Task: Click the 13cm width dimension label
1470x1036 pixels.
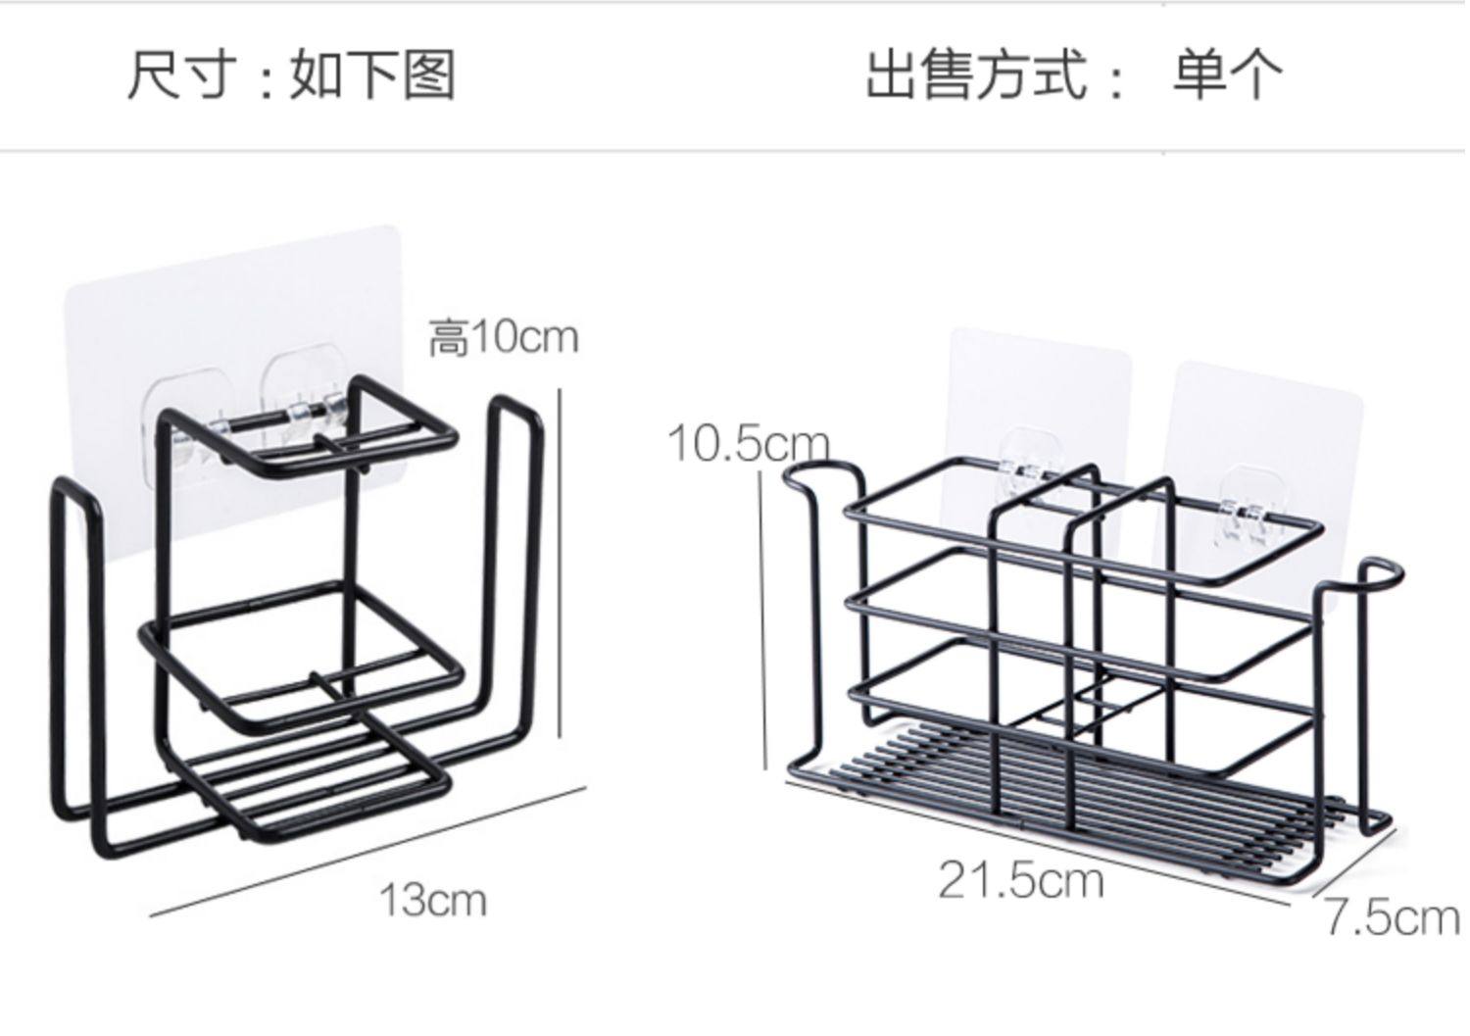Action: point(432,900)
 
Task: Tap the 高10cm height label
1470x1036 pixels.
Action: point(504,338)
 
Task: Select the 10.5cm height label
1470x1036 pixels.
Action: point(748,443)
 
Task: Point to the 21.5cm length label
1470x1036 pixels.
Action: point(1021,879)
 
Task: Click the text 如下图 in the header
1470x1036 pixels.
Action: point(372,74)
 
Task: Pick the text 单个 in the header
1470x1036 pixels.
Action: point(1228,74)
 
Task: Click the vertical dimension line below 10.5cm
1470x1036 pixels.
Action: point(763,617)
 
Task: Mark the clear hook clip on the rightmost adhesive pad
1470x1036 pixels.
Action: point(1245,510)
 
